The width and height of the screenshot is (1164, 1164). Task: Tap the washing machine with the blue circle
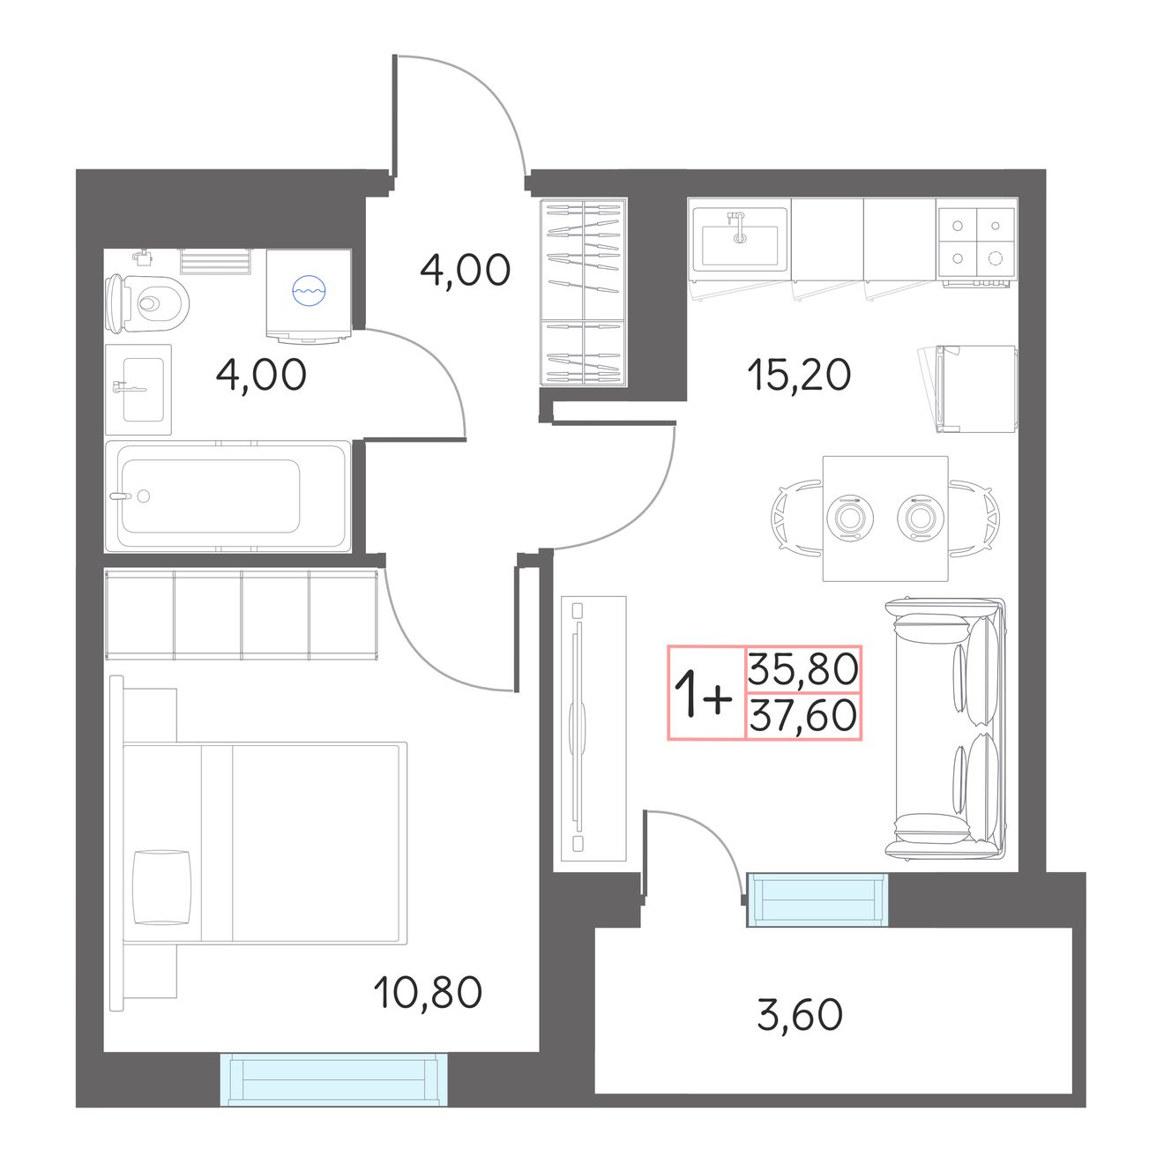[309, 295]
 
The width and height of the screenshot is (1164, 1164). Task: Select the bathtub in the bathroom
[228, 496]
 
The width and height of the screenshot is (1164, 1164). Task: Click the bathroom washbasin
[138, 390]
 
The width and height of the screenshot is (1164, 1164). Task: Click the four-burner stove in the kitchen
[977, 242]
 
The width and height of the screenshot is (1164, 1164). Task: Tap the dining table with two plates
[885, 519]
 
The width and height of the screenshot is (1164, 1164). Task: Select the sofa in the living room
[945, 727]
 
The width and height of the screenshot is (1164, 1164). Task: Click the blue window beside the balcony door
[817, 899]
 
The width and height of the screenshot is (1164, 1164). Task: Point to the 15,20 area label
[799, 375]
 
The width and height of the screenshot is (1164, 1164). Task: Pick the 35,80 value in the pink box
[803, 669]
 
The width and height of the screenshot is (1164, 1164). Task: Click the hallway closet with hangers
[584, 293]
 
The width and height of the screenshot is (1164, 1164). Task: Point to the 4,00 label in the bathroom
[261, 375]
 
